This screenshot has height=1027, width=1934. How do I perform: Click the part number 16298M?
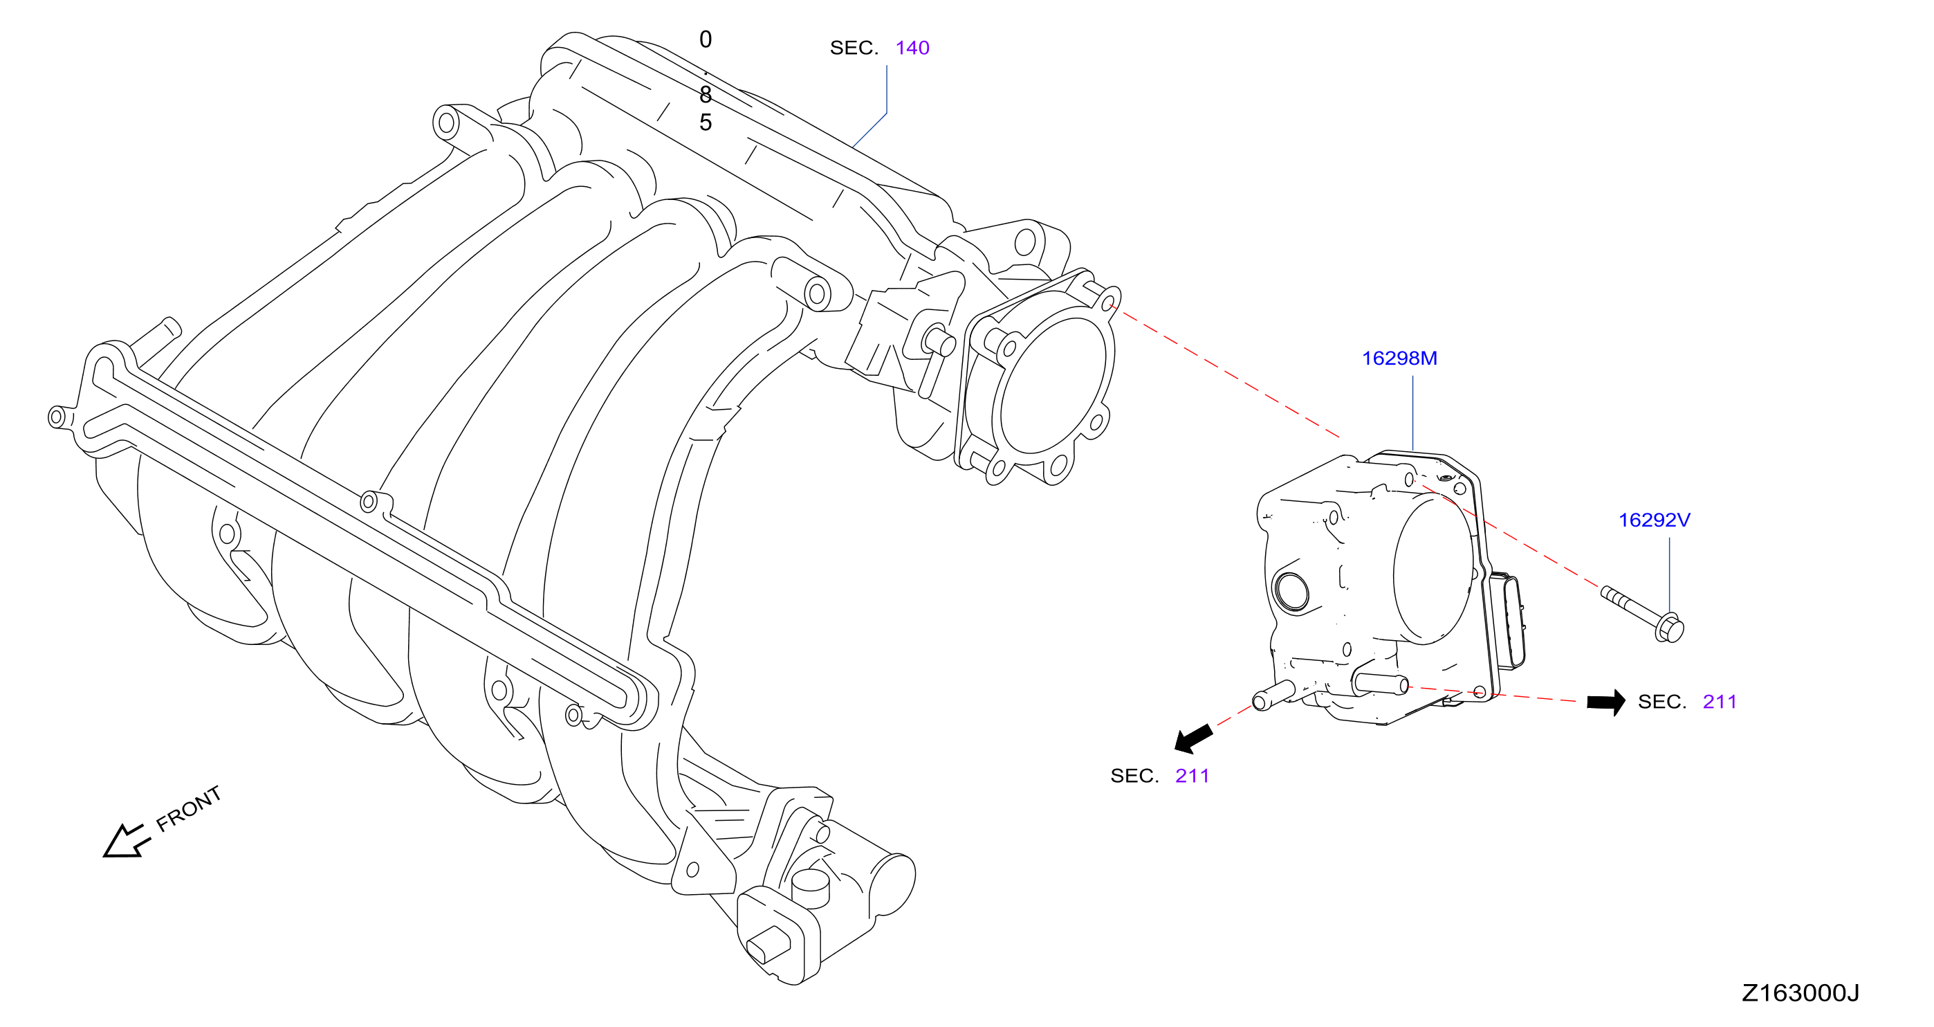click(x=1399, y=358)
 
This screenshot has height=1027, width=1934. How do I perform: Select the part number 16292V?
click(x=1654, y=520)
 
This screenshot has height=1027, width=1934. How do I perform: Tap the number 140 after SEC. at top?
click(x=912, y=48)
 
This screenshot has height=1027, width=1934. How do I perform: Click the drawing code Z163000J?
click(x=1801, y=993)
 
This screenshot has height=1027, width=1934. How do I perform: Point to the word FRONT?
click(x=188, y=809)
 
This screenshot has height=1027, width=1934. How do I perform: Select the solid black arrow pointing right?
click(x=1606, y=702)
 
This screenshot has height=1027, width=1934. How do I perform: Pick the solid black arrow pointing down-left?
click(x=1193, y=738)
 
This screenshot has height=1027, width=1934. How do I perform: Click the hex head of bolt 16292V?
click(x=1669, y=628)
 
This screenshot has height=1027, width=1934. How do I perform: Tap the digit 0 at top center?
click(x=705, y=39)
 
